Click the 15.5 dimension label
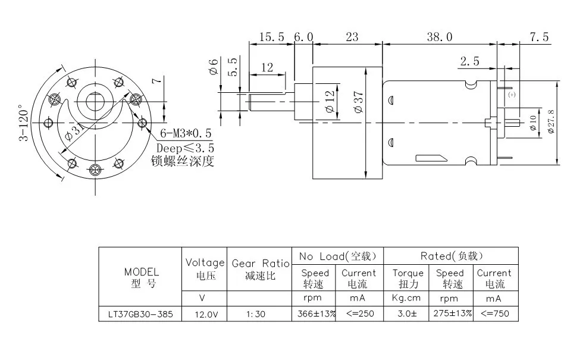tap(272, 37)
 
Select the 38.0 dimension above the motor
tap(440, 37)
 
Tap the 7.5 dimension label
tap(539, 37)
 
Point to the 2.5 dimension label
tap(469, 61)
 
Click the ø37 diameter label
tap(358, 102)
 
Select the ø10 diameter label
tap(533, 123)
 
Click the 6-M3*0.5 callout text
tap(186, 133)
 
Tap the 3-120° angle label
tap(24, 125)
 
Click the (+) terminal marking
tap(512, 95)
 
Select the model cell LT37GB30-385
tap(140, 314)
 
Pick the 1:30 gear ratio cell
tap(256, 314)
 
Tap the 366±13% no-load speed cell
tap(316, 314)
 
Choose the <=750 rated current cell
tap(495, 314)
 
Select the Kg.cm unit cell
tap(406, 298)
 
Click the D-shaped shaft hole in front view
tap(95, 101)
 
